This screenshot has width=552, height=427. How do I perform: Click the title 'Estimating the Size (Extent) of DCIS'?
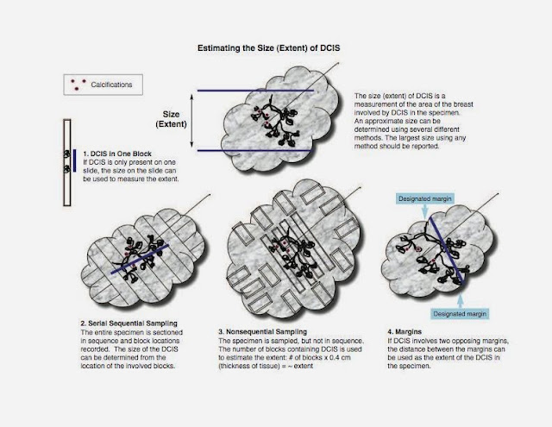(268, 47)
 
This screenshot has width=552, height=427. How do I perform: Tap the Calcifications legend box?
(103, 85)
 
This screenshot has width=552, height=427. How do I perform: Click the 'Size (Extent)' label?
(171, 119)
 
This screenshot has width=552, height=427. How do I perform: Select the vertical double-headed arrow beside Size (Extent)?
(191, 121)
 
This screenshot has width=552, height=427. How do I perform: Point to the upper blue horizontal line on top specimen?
(255, 91)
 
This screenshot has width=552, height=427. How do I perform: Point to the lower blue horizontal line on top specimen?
(254, 150)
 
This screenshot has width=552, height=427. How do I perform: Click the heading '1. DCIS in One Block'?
(117, 154)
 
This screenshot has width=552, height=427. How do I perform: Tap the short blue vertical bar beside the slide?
(75, 160)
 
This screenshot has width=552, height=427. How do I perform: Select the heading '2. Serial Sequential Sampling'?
(129, 323)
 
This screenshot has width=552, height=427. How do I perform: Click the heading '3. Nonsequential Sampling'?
(262, 331)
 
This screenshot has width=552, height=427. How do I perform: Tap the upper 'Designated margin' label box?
(425, 199)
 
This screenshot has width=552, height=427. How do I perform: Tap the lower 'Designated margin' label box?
(460, 314)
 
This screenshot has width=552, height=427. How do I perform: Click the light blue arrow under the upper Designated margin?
(425, 210)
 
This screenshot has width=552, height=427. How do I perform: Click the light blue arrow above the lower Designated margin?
(461, 301)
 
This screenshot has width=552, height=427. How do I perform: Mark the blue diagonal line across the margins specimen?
(447, 250)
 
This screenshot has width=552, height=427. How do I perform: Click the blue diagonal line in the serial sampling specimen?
(140, 259)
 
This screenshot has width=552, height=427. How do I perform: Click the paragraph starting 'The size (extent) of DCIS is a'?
(414, 121)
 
